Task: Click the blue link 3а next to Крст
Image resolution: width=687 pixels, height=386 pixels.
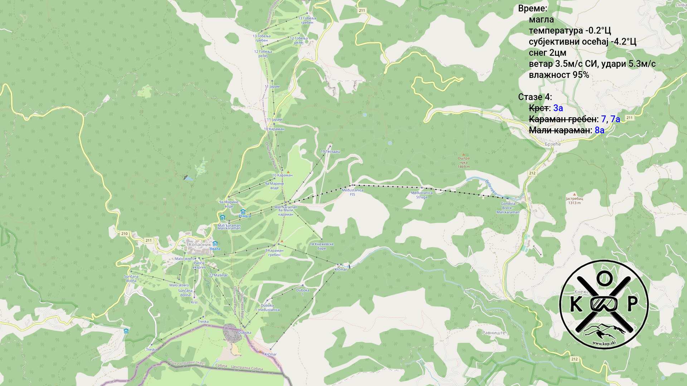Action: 558,108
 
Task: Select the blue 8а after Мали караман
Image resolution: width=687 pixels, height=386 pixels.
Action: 599,130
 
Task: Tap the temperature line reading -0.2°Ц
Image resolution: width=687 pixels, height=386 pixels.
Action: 570,31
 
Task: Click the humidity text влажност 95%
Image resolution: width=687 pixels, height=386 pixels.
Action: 559,75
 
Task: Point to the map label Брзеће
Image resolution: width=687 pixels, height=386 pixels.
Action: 552,144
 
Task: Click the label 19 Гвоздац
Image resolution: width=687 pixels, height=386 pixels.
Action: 330,152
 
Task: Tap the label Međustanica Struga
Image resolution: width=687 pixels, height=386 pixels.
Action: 422,195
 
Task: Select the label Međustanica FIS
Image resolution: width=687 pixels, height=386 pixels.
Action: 352,192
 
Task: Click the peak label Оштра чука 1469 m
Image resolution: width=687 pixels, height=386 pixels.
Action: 463,162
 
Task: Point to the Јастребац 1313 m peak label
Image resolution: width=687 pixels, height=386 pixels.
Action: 574,201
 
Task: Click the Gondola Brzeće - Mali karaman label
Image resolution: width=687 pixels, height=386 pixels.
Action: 508,208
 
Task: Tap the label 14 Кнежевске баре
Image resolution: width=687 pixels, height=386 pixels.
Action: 321,246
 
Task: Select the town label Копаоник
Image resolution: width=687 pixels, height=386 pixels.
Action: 200,245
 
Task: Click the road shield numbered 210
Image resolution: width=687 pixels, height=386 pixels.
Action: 124,234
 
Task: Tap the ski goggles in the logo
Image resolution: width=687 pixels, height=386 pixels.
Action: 604,304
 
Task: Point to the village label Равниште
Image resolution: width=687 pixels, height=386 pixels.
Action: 494,333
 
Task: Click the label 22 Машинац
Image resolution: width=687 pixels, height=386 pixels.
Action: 218,276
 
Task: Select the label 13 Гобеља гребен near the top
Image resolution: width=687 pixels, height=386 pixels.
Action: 307,20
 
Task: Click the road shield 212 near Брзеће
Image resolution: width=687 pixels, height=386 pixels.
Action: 532,173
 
